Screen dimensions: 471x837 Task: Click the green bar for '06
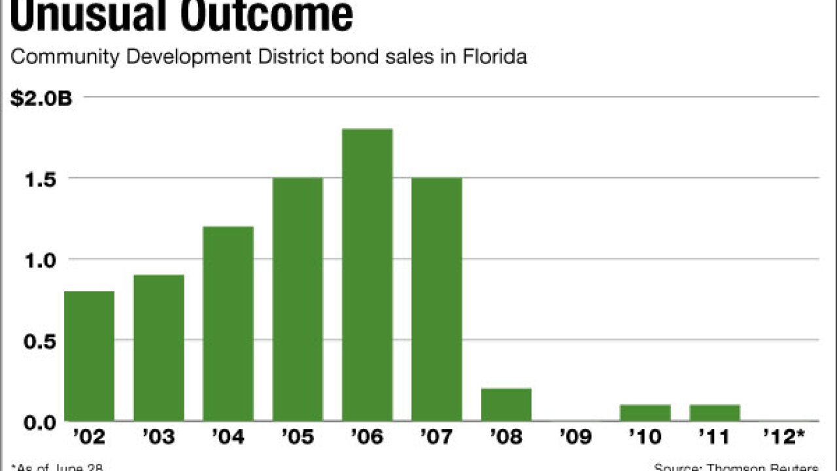click(x=367, y=275)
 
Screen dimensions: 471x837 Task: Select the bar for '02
click(x=89, y=357)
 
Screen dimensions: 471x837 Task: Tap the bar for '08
click(x=506, y=405)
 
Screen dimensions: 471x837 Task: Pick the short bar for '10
click(x=645, y=413)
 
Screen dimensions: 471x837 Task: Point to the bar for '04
click(x=228, y=324)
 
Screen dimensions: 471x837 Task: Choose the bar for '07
click(x=436, y=300)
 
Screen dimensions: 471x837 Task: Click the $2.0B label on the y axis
click(x=41, y=99)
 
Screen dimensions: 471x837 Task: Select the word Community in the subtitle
click(x=64, y=58)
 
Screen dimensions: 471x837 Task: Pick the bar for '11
click(x=715, y=413)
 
